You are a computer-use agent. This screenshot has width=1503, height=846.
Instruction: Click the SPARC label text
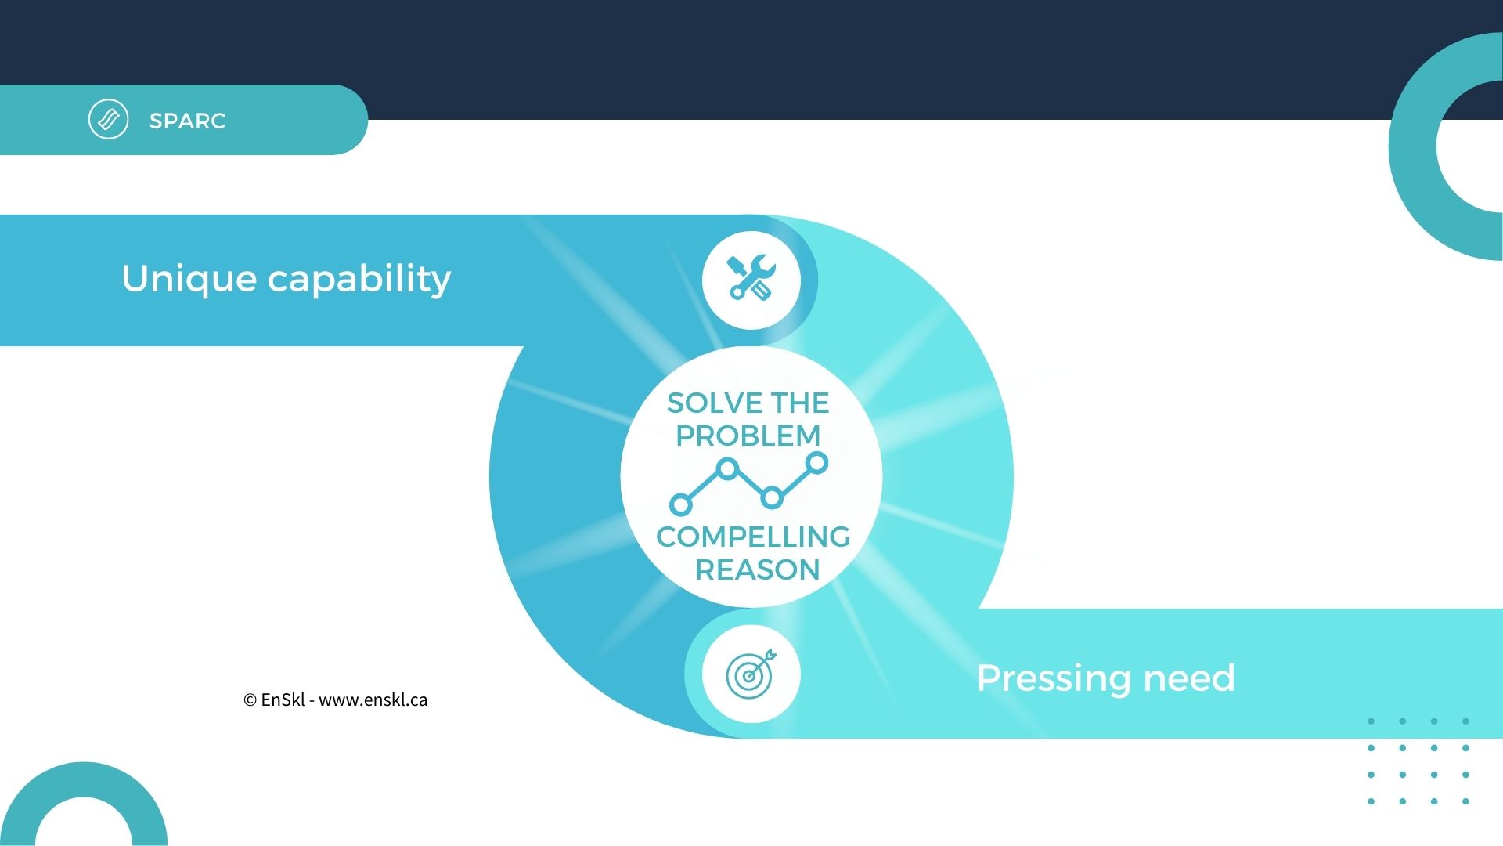pyautogui.click(x=187, y=121)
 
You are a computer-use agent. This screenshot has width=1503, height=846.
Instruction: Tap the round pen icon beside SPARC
pyautogui.click(x=108, y=120)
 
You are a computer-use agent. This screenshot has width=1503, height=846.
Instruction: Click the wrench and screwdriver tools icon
pyautogui.click(x=751, y=277)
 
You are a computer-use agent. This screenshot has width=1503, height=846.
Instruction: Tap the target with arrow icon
pyautogui.click(x=751, y=674)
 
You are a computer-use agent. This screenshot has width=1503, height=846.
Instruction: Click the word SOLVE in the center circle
pyautogui.click(x=714, y=403)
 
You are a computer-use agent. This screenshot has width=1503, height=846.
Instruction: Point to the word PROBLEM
pyautogui.click(x=748, y=436)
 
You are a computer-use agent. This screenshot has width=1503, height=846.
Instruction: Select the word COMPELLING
pyautogui.click(x=753, y=537)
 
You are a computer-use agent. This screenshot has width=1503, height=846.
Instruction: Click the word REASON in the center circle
pyautogui.click(x=758, y=569)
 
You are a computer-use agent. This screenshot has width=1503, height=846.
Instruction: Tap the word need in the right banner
pyautogui.click(x=1189, y=678)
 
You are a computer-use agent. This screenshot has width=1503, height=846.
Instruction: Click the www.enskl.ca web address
pyautogui.click(x=373, y=700)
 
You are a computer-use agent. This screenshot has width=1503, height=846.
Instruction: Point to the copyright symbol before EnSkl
pyautogui.click(x=250, y=700)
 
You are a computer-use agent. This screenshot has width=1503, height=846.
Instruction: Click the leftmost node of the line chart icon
pyautogui.click(x=681, y=504)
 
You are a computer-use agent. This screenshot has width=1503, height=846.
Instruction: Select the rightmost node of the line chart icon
pyautogui.click(x=816, y=463)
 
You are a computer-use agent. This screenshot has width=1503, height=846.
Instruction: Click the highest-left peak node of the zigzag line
pyautogui.click(x=728, y=469)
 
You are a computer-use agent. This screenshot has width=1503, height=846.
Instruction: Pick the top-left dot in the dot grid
pyautogui.click(x=1371, y=721)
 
